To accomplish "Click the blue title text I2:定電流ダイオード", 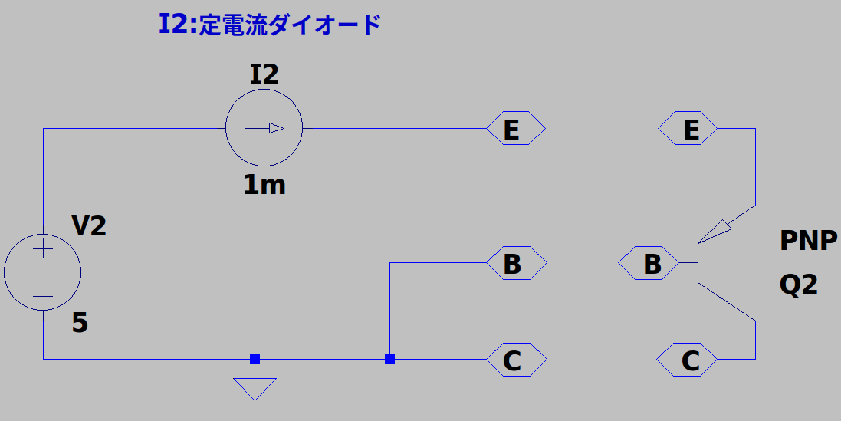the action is click(x=270, y=25).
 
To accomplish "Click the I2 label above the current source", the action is click(x=264, y=74).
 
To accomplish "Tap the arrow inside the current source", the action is click(x=265, y=128).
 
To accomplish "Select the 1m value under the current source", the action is click(x=264, y=185).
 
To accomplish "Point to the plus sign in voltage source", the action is click(x=43, y=249).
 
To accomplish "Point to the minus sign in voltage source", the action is click(x=43, y=296).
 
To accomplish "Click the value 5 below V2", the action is click(x=80, y=323).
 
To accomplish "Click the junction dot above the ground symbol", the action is click(x=255, y=359).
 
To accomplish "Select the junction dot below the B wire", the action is click(x=390, y=359).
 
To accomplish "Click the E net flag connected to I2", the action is click(x=516, y=128).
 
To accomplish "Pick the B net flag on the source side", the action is click(x=517, y=263).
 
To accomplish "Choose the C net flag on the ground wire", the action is click(x=517, y=359).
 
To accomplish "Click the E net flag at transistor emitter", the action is click(x=688, y=128).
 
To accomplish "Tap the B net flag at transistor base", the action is click(x=649, y=263).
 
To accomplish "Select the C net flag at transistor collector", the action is click(x=687, y=359).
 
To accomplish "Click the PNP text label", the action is click(x=808, y=241).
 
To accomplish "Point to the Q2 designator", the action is click(x=799, y=285).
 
